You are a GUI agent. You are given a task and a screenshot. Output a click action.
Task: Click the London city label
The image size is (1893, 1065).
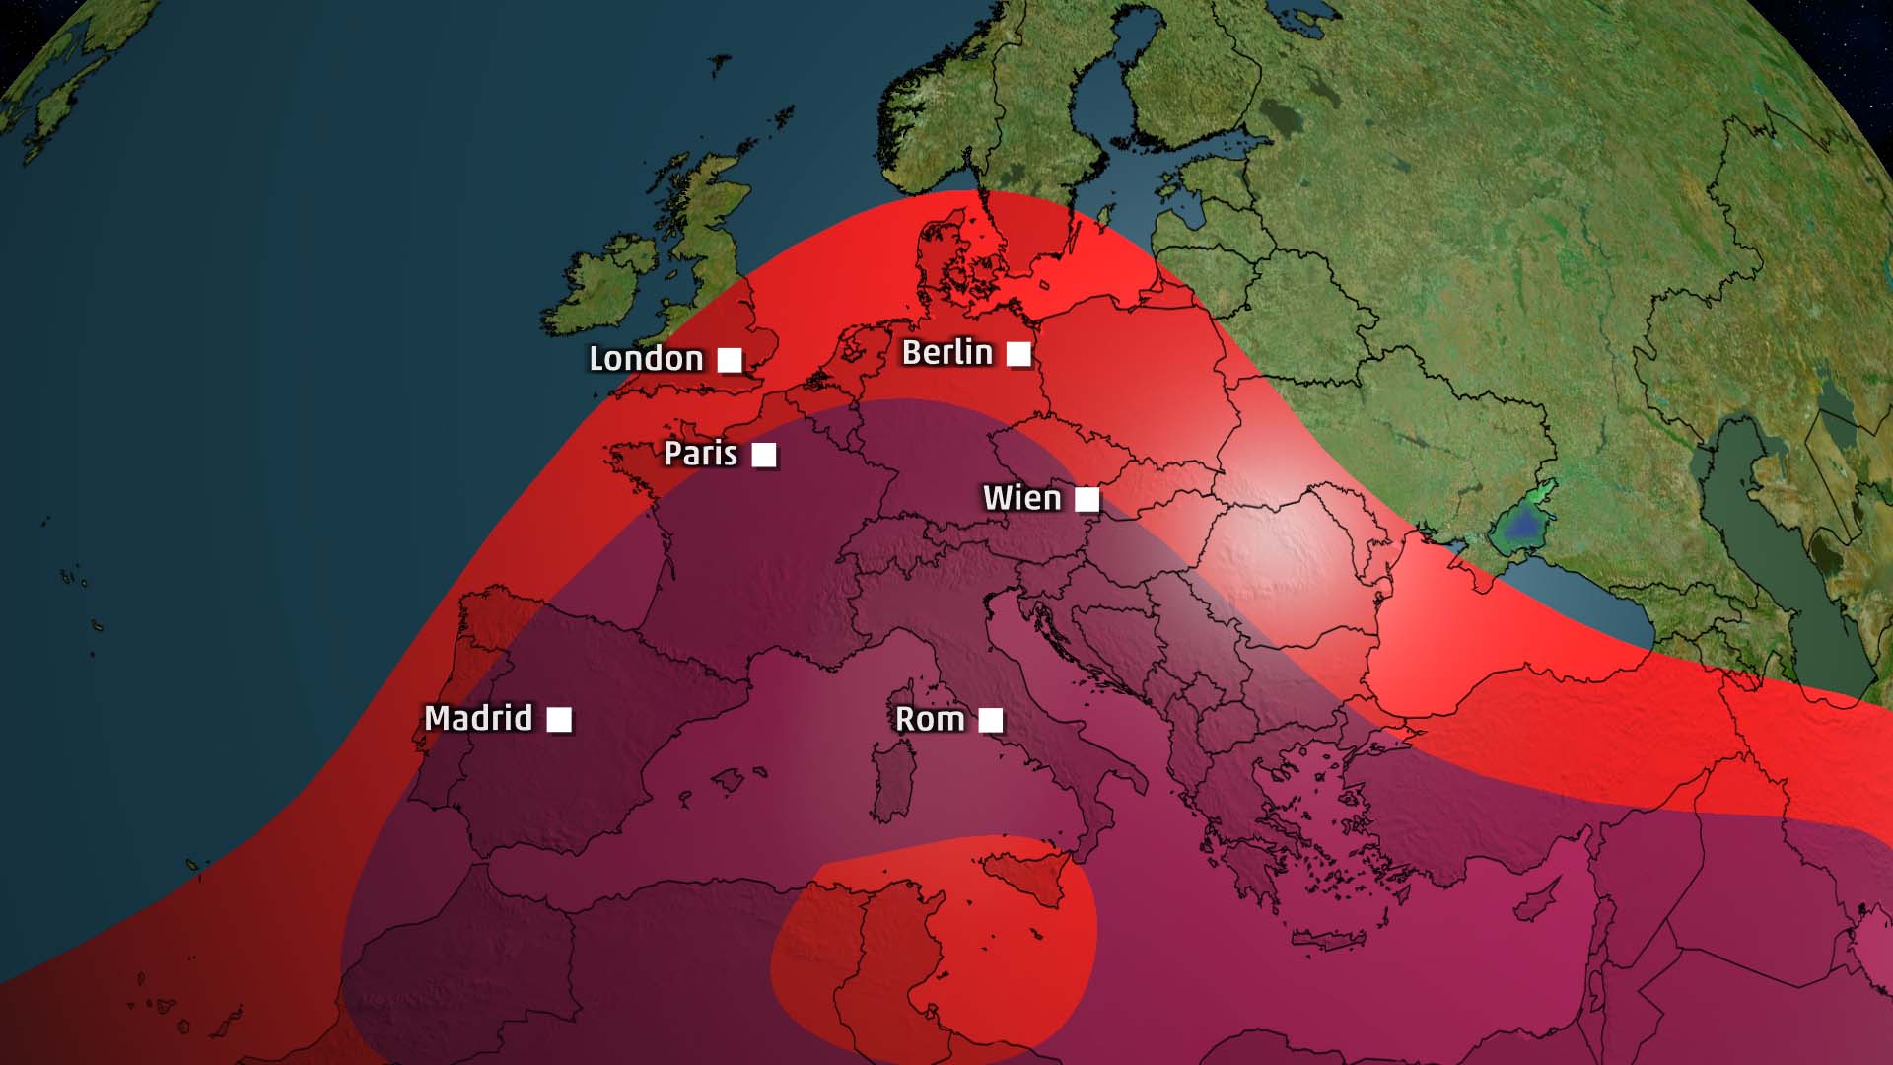pyautogui.click(x=646, y=359)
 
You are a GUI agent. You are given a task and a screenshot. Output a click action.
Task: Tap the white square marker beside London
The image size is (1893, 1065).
pyautogui.click(x=730, y=360)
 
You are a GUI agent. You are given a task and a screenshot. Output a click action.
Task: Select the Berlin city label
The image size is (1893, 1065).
pyautogui.click(x=946, y=352)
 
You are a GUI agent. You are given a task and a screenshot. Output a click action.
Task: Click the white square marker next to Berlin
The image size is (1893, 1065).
pyautogui.click(x=1018, y=353)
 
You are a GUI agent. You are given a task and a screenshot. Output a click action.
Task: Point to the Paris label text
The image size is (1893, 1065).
pyautogui.click(x=700, y=454)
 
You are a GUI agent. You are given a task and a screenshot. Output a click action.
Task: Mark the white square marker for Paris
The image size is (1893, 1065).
pyautogui.click(x=764, y=455)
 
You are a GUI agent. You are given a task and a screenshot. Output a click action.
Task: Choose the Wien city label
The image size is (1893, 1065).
pyautogui.click(x=1021, y=498)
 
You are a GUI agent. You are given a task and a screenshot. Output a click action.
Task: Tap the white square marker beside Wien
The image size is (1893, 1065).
pyautogui.click(x=1087, y=500)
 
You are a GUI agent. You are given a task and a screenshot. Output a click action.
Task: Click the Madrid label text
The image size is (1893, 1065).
pyautogui.click(x=478, y=718)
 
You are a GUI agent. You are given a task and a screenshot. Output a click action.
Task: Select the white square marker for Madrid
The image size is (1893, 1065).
pyautogui.click(x=559, y=720)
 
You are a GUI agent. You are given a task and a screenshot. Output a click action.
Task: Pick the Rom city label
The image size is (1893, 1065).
pyautogui.click(x=929, y=720)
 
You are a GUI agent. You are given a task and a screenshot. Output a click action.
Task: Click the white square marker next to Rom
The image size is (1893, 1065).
pyautogui.click(x=991, y=721)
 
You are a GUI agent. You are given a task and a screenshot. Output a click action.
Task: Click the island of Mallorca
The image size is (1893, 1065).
pyautogui.click(x=729, y=781)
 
